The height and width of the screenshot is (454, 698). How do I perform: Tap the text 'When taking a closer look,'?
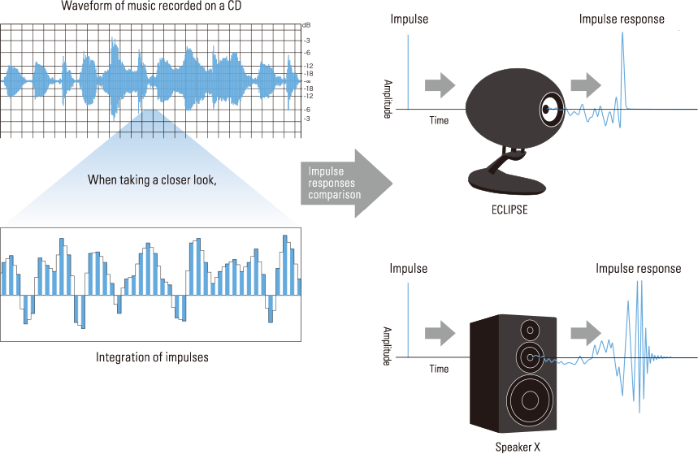152,180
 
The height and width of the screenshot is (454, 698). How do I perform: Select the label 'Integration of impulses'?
152,357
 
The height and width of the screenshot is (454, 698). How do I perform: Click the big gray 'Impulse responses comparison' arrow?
345,184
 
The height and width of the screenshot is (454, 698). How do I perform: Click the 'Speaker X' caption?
518,446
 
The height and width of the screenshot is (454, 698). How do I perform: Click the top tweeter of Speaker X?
530,331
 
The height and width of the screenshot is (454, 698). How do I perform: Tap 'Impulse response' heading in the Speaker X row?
638,269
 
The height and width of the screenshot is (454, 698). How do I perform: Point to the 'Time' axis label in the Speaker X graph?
439,369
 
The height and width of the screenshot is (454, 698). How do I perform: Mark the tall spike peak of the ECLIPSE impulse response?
623,34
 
